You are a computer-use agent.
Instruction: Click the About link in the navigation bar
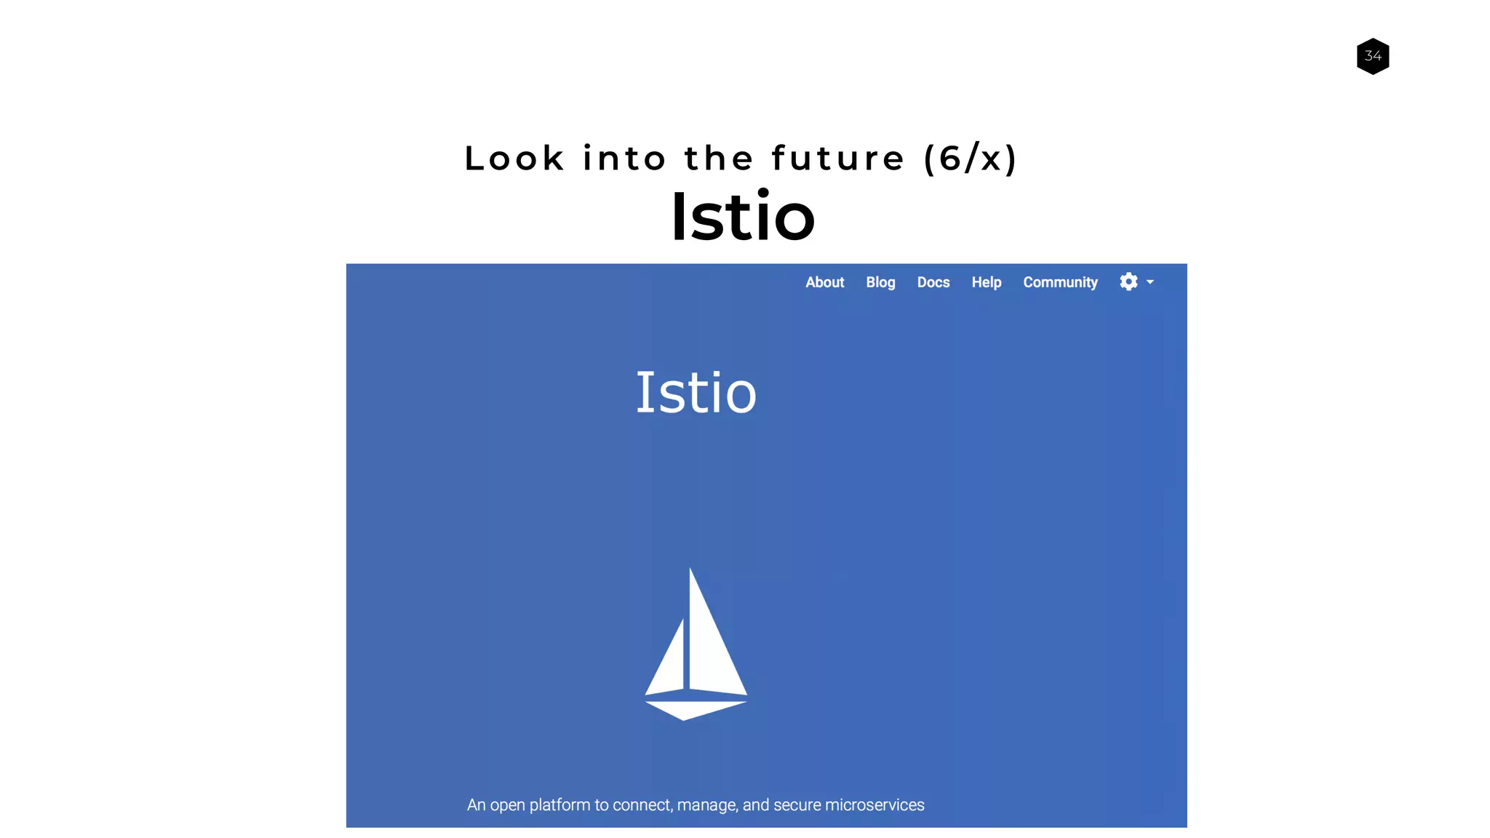coord(824,282)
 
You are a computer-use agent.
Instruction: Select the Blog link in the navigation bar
coord(880,282)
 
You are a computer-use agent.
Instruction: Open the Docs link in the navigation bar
coord(933,282)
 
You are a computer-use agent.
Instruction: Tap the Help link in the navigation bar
coord(987,282)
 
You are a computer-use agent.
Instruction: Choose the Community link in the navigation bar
coord(1060,282)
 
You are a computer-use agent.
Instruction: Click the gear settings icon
coord(1128,282)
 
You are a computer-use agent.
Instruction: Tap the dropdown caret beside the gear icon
coord(1150,282)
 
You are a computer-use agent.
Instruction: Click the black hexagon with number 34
coord(1373,56)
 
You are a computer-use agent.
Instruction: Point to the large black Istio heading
coord(743,217)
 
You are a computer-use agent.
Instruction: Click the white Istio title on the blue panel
coord(696,393)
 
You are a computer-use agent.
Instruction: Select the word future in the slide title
coord(838,159)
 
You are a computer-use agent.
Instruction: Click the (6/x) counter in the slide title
coord(971,159)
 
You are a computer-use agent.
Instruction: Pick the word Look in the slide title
coord(514,159)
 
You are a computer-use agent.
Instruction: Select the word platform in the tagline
coord(559,805)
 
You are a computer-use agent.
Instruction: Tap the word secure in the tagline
coord(797,805)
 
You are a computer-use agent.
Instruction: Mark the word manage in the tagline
coord(706,805)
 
